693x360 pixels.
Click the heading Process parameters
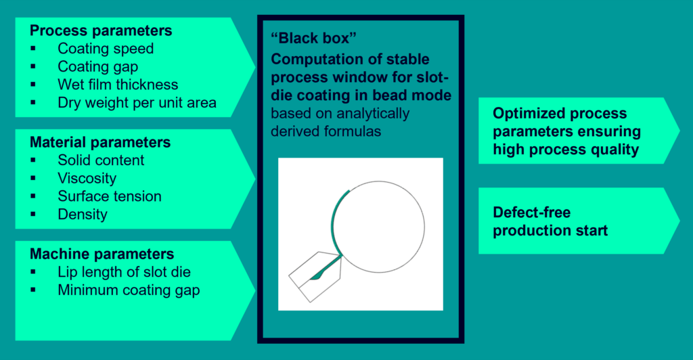tap(101, 30)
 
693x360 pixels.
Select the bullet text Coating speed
tap(106, 49)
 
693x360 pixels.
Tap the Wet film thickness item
tap(118, 85)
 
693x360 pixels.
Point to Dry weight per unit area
tap(137, 102)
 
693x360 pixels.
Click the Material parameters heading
tap(100, 142)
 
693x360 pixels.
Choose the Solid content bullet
tap(101, 160)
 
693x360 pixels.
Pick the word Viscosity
tap(87, 179)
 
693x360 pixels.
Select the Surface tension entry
tap(110, 196)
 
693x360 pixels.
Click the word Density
tap(83, 215)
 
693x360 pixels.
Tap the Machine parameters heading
tap(102, 254)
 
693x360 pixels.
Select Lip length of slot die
tap(125, 272)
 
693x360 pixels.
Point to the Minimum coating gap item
tap(129, 290)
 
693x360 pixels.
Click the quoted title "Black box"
tap(313, 38)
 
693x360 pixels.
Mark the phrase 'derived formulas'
tap(326, 131)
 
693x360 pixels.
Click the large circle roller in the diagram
tap(425, 227)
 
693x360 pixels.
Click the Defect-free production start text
tap(550, 221)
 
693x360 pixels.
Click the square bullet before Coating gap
tap(33, 67)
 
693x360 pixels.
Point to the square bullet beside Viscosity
tap(33, 179)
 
